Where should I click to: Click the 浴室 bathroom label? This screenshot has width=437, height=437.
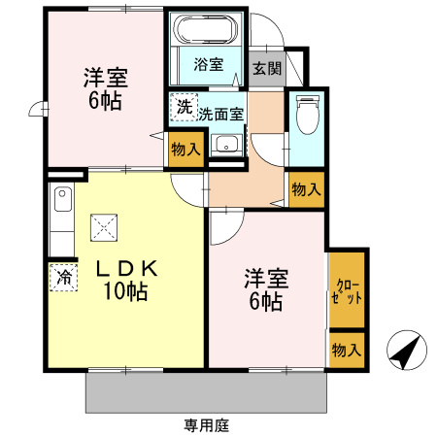[208, 65]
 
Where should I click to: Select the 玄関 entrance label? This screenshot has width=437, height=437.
[266, 68]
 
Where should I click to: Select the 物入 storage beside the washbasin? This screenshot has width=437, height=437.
[185, 149]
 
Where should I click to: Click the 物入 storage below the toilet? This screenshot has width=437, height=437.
[306, 188]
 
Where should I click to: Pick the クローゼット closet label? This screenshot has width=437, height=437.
[347, 290]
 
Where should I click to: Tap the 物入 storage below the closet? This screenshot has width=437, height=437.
[347, 350]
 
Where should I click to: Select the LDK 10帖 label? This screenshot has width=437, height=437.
[123, 280]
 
